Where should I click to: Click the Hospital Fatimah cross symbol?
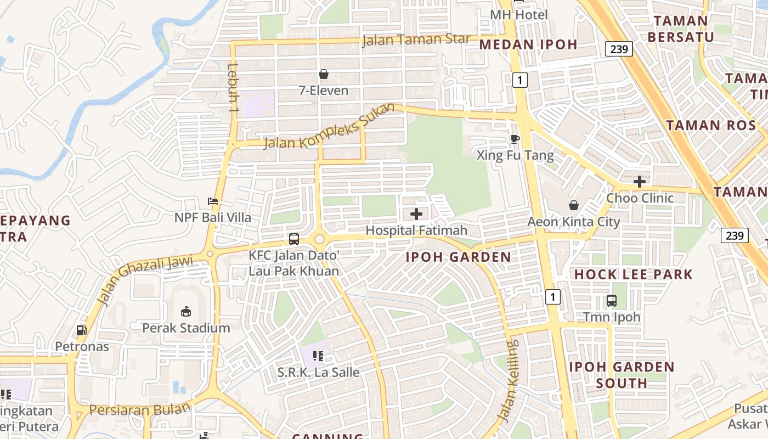[416, 213]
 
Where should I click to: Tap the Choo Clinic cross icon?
[639, 181]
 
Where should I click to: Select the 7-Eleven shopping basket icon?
[324, 74]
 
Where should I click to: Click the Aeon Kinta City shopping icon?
[573, 205]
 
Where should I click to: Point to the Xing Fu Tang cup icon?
[515, 139]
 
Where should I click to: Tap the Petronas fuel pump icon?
[81, 330]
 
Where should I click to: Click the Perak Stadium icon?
[186, 311]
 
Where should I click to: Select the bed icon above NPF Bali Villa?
[213, 201]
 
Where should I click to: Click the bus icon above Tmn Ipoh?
[611, 301]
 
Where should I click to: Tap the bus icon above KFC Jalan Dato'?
[294, 239]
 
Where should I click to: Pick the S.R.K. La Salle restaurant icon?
[318, 356]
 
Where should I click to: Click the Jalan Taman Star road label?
[416, 40]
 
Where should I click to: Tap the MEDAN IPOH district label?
[528, 45]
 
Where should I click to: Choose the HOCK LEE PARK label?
[634, 274]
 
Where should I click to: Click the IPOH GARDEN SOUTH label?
[622, 375]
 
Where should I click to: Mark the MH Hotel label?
[518, 15]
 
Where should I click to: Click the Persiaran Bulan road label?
[140, 409]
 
